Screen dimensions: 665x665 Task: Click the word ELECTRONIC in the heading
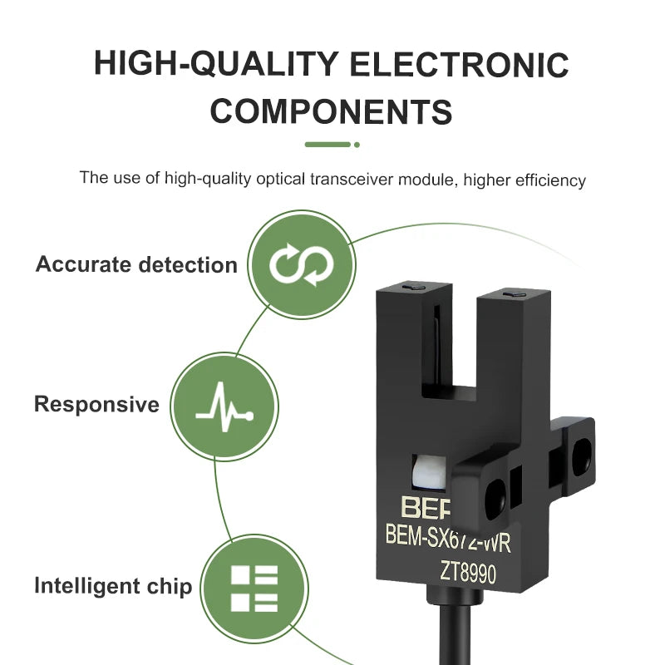(x=459, y=64)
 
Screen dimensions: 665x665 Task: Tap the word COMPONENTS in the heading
(x=331, y=111)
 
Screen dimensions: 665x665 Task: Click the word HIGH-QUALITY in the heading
(x=216, y=64)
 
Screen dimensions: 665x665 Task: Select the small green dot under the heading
(x=357, y=145)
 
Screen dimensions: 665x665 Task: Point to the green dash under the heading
(x=328, y=145)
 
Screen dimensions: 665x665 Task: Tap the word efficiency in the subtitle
(x=550, y=180)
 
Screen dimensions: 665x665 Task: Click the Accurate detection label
(x=136, y=264)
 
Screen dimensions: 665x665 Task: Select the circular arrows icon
(x=302, y=264)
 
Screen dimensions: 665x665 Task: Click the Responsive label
(x=96, y=404)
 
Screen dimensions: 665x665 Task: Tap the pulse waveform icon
(x=224, y=407)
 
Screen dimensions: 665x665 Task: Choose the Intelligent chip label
(x=113, y=586)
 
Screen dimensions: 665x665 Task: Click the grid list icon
(x=254, y=589)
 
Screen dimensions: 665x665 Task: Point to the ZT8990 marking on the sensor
(x=468, y=573)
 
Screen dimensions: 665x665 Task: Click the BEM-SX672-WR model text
(x=448, y=538)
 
